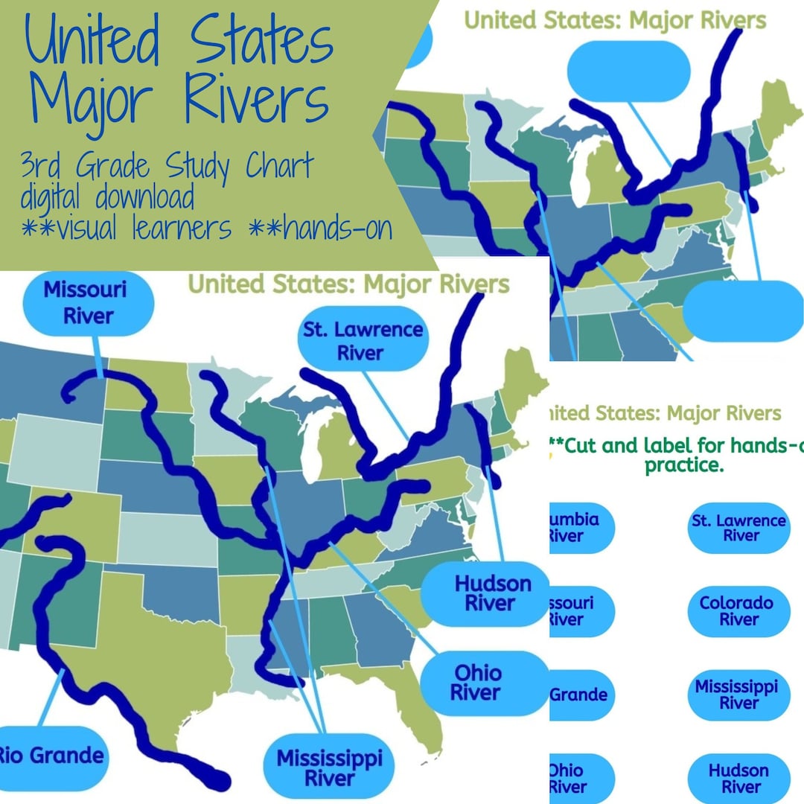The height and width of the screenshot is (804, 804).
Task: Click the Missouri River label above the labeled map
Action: tap(84, 302)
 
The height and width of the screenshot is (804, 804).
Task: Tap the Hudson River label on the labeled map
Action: tap(484, 593)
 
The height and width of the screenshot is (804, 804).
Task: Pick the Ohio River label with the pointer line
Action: tap(477, 683)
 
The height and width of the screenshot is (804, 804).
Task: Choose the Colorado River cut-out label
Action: tap(736, 611)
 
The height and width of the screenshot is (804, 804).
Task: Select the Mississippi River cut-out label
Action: tap(736, 694)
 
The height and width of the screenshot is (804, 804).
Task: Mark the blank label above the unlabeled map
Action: tap(629, 71)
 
